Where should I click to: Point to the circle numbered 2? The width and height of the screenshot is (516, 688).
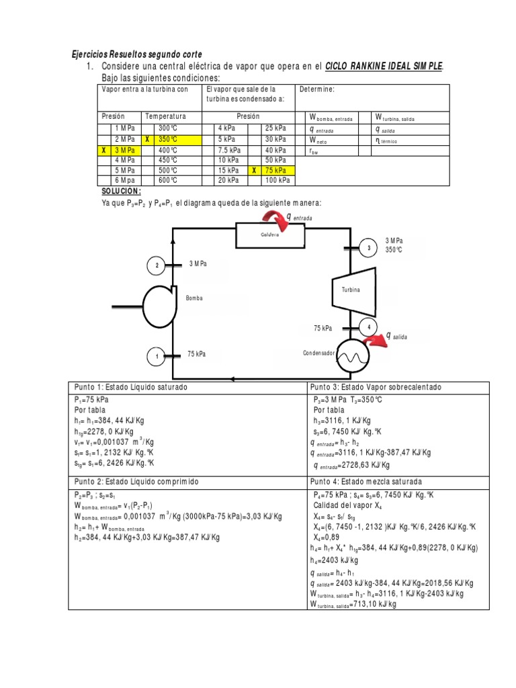[157, 266]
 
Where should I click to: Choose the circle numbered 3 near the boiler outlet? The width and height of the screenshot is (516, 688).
[369, 249]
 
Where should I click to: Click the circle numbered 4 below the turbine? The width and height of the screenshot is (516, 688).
[368, 327]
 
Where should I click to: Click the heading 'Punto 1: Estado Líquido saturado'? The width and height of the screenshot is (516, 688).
[131, 388]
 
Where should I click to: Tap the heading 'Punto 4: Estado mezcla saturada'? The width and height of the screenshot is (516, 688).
[366, 482]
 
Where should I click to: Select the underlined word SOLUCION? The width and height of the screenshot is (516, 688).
[121, 191]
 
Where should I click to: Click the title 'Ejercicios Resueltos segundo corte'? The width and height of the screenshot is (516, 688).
[136, 54]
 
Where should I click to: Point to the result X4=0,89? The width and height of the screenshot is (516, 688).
[330, 537]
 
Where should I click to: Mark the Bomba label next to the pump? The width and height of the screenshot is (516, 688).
[195, 297]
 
